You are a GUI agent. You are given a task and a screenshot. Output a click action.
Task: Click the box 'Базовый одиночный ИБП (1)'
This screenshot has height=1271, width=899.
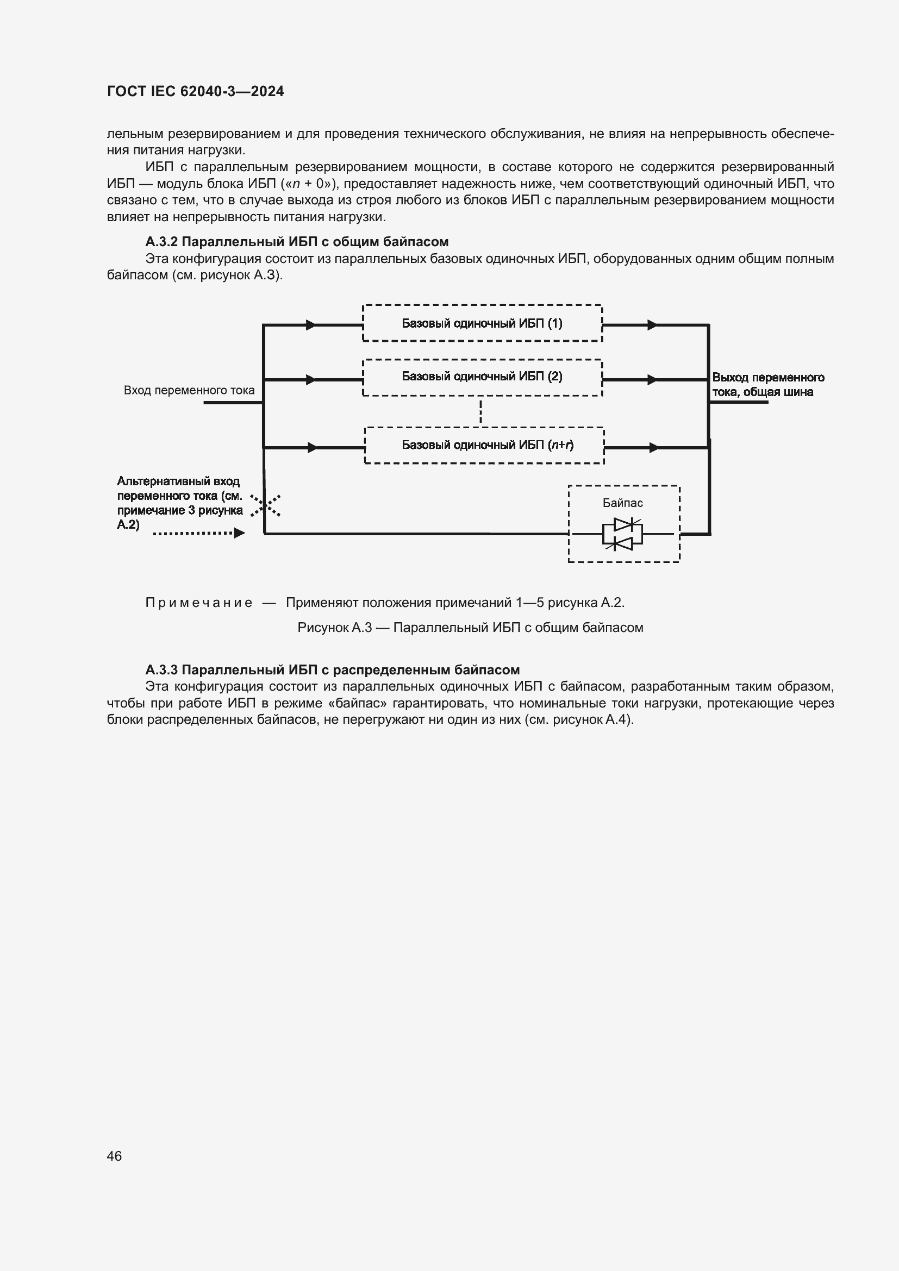click(482, 323)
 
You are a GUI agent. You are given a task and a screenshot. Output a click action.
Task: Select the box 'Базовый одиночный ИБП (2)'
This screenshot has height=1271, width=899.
click(482, 377)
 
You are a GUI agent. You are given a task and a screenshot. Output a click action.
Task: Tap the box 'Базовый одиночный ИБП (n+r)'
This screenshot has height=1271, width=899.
click(484, 445)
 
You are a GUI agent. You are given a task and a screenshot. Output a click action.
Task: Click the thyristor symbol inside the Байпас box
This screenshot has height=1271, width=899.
click(622, 534)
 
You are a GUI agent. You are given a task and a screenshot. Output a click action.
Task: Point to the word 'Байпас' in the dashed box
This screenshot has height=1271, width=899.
click(623, 503)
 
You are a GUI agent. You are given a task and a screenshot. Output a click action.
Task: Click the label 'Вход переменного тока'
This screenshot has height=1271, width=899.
click(189, 390)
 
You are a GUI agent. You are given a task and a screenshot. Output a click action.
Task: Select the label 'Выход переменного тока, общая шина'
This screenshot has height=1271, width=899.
click(767, 385)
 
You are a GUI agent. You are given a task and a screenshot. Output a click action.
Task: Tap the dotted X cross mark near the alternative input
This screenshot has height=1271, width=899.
click(265, 505)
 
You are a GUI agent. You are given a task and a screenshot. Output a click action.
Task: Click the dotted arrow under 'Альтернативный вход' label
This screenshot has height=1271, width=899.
click(199, 533)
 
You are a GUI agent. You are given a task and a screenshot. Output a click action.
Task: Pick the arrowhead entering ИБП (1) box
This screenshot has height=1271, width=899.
click(311, 325)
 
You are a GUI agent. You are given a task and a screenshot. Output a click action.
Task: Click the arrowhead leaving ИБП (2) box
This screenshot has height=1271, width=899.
click(652, 380)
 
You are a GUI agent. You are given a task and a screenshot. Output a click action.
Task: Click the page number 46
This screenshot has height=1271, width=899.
click(114, 1156)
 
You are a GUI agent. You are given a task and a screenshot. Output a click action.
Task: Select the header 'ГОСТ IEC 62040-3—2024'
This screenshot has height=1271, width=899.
click(196, 92)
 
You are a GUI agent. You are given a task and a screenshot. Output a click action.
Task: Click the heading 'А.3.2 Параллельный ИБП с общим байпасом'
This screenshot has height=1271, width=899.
click(297, 242)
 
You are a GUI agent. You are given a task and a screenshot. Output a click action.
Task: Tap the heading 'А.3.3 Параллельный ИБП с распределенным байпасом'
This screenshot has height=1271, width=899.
click(332, 670)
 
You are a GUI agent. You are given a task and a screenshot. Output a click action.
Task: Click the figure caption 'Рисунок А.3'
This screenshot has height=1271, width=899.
click(470, 628)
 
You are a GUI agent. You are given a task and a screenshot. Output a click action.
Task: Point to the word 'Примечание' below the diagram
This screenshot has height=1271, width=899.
click(199, 603)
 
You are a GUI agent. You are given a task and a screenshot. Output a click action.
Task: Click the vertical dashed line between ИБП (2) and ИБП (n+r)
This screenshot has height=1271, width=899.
click(480, 411)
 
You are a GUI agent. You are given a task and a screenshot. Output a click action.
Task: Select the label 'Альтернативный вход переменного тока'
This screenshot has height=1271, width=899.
click(179, 503)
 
